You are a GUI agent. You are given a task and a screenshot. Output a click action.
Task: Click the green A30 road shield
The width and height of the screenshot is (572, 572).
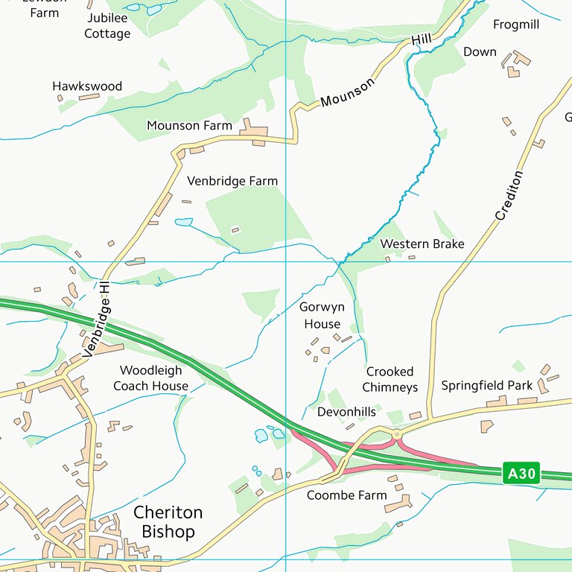click(521, 474)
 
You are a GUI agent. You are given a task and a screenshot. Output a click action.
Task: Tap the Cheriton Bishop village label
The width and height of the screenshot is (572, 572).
click(168, 522)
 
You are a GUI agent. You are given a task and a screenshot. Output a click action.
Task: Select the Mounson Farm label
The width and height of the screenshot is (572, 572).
click(189, 126)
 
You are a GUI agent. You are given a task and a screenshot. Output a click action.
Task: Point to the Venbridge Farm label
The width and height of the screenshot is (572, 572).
click(232, 181)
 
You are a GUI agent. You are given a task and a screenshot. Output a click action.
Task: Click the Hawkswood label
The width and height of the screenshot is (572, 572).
click(86, 86)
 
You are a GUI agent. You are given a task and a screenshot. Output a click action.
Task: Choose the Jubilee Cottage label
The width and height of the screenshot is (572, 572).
click(107, 26)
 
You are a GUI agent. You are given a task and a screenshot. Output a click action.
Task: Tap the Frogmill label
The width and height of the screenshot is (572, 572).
click(515, 25)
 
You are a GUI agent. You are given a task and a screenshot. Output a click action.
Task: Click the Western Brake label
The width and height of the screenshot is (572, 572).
click(422, 244)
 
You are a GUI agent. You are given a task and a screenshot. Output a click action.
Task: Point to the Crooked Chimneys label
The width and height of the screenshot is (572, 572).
click(391, 379)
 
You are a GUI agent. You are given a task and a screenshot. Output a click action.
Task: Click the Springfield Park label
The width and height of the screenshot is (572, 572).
click(486, 386)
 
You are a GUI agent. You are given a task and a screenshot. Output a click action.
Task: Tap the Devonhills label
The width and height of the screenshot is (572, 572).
click(346, 412)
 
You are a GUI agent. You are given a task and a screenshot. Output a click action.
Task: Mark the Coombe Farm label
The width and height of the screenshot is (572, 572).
click(346, 495)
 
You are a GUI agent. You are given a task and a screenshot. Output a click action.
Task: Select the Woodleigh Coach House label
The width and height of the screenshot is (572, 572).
click(150, 378)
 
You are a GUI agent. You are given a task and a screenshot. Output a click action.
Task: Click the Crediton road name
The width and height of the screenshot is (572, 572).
click(509, 195)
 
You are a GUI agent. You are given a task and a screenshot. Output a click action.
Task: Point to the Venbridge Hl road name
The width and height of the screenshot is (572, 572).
click(98, 319)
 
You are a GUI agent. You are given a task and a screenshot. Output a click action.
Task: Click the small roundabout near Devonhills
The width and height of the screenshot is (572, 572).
click(396, 434)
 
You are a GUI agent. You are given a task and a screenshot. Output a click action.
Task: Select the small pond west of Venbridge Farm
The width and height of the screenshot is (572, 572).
click(183, 222)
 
